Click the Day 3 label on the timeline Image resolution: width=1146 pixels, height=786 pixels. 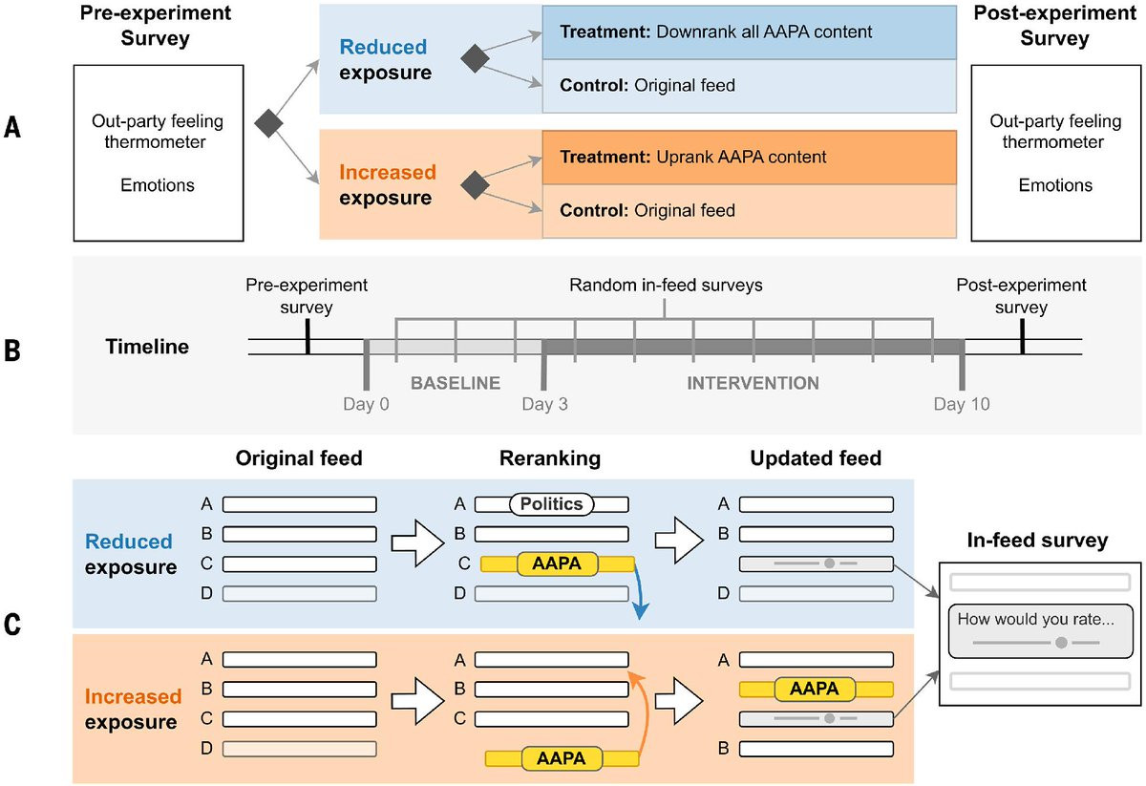(x=545, y=404)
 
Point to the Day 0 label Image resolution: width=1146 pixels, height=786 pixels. (x=367, y=404)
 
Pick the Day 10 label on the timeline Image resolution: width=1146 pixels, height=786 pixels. (x=962, y=404)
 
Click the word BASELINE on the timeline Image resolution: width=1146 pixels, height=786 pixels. (x=456, y=383)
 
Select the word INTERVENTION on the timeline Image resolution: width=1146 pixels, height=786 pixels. (x=753, y=383)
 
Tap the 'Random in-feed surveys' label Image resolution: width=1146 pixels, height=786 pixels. (x=665, y=286)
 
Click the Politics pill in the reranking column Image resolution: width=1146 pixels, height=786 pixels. (x=552, y=503)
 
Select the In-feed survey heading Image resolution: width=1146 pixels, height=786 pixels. (x=1036, y=542)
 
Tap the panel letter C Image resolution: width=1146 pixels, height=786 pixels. (x=13, y=627)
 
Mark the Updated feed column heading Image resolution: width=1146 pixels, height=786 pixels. (x=816, y=458)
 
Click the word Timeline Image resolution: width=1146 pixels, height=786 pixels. (x=147, y=347)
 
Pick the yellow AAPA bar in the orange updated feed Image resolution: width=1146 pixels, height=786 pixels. (x=815, y=689)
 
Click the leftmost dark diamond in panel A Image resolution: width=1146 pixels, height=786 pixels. (x=268, y=122)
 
